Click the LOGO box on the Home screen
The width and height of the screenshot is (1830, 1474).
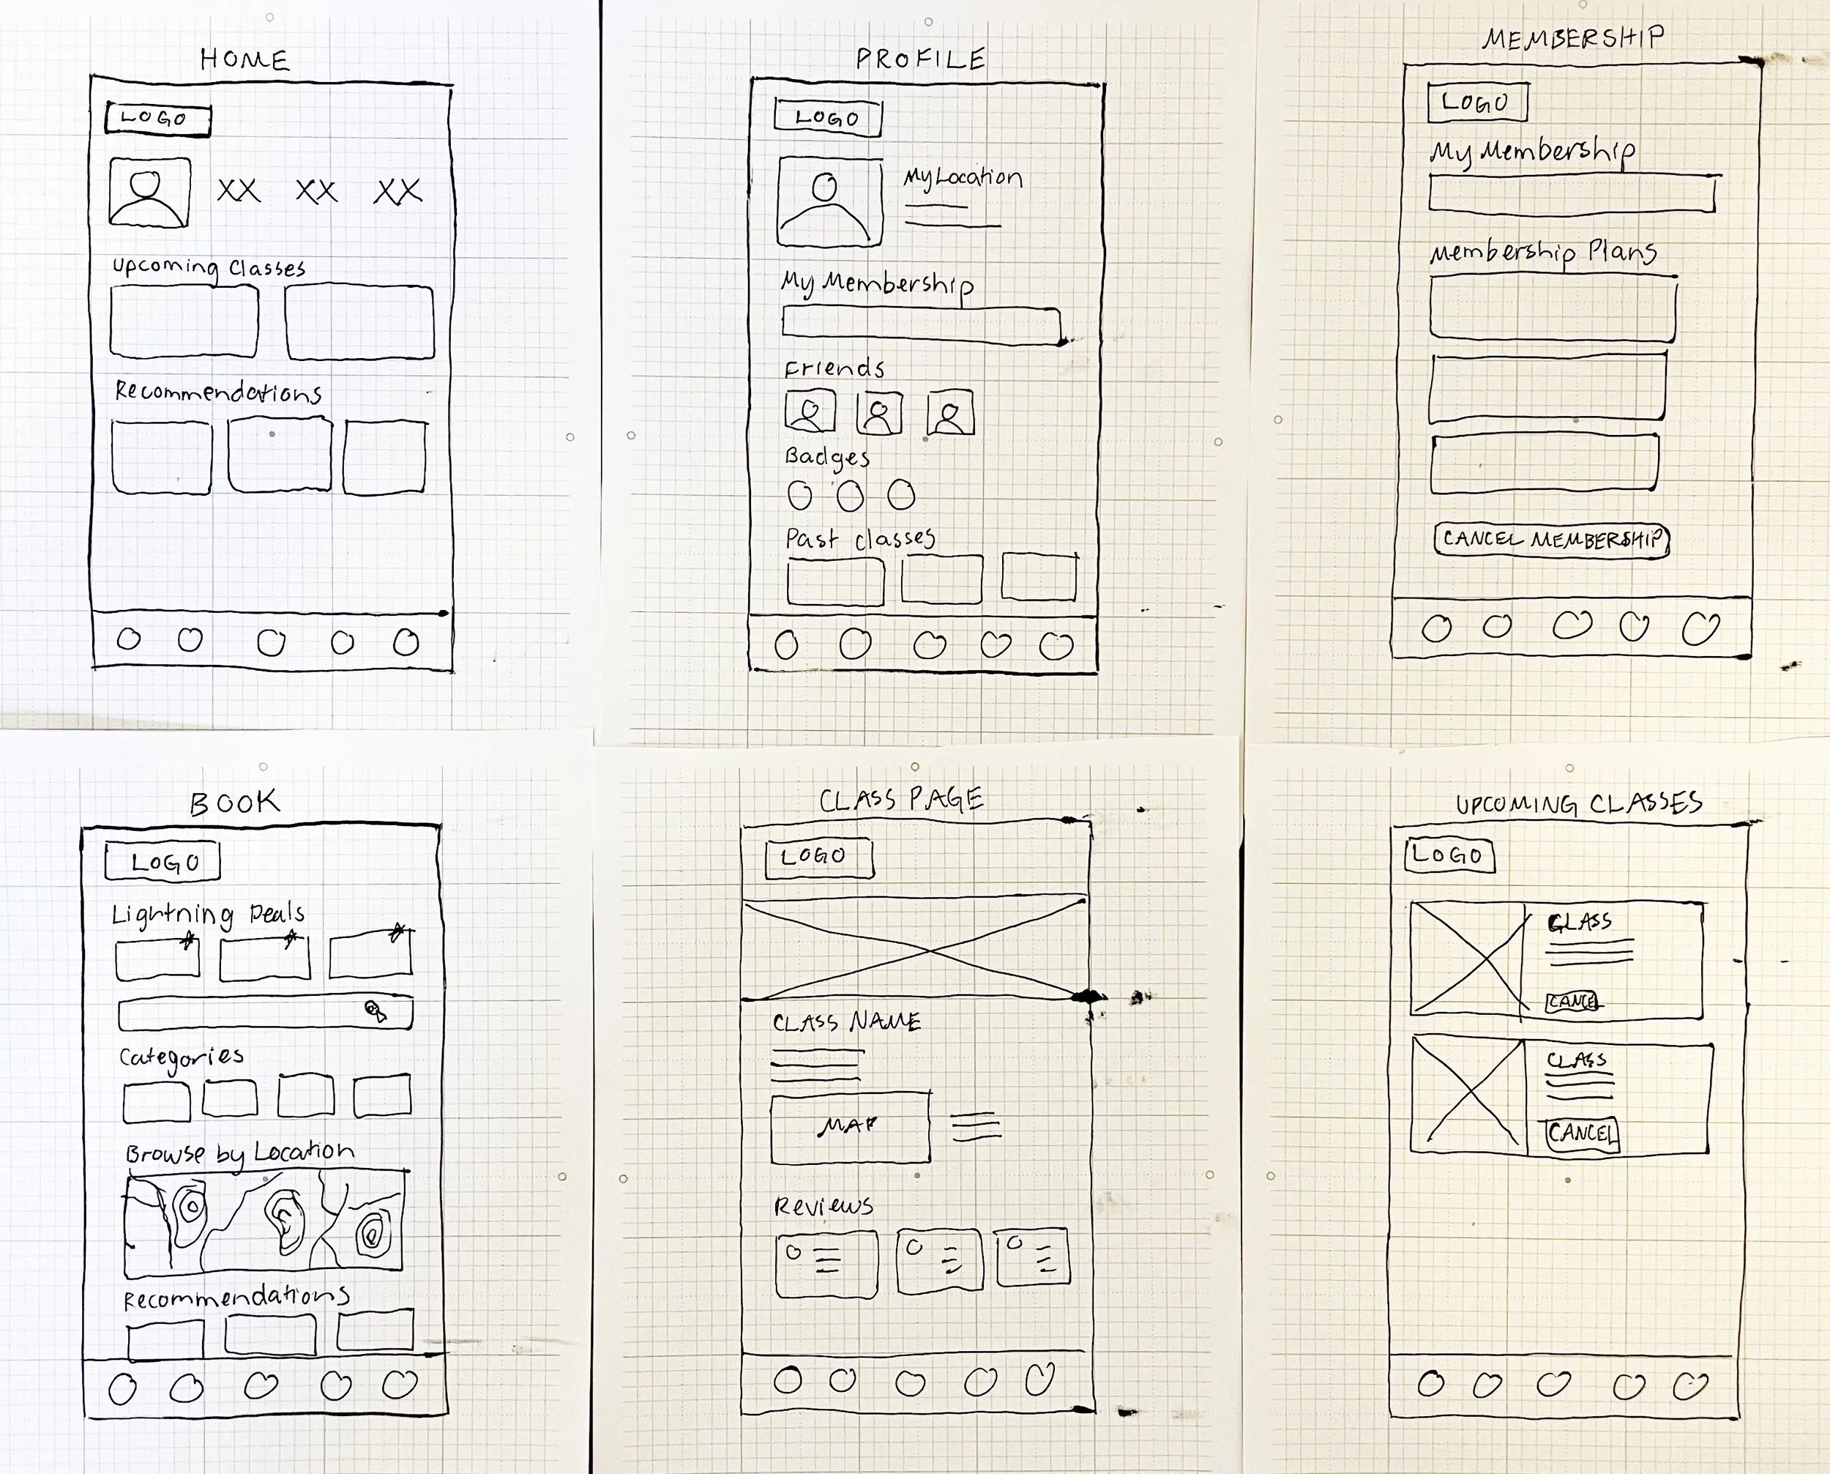(158, 119)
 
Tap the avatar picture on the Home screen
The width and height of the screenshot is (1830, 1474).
(149, 192)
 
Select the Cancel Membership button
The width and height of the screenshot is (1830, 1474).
(1552, 539)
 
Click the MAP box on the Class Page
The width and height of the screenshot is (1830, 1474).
(850, 1127)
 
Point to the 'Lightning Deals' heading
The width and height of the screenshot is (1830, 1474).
(208, 914)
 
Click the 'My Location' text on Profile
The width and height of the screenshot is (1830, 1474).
(963, 177)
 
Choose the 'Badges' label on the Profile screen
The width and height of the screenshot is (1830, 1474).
(826, 457)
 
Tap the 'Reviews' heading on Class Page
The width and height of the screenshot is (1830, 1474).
(823, 1206)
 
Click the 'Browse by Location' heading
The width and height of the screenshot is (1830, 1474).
(239, 1153)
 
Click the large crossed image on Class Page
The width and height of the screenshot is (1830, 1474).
(915, 949)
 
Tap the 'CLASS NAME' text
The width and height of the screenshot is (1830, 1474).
(846, 1021)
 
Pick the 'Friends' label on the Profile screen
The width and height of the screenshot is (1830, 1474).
(834, 368)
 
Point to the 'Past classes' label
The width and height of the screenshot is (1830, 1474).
(860, 539)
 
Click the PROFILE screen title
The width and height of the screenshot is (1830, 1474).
(921, 59)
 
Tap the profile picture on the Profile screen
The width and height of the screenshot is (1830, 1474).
(829, 201)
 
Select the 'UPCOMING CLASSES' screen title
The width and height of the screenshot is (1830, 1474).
(1579, 804)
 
